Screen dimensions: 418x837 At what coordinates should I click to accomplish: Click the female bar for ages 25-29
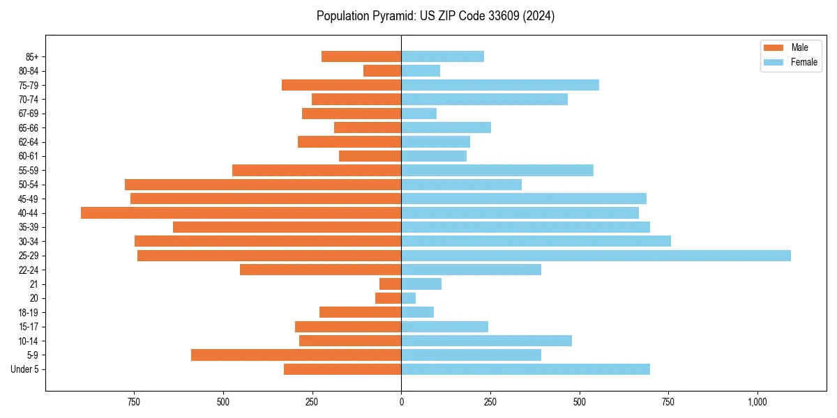pos(596,256)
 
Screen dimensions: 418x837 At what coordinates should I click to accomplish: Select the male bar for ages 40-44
pos(241,213)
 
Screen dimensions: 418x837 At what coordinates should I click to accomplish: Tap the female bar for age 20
pos(409,298)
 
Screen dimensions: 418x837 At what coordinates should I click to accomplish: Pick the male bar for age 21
pos(391,284)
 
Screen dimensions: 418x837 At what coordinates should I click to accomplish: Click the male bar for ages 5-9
pos(296,355)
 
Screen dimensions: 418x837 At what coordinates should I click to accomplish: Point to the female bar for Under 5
pos(525,369)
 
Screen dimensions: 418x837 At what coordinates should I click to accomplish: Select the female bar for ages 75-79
pos(500,85)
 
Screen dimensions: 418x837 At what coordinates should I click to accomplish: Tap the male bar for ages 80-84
pos(382,71)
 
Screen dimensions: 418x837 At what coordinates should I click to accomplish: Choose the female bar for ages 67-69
pos(419,114)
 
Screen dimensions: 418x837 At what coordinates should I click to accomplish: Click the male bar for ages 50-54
pos(263,185)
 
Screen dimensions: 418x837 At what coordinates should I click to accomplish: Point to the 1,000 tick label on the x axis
pos(757,402)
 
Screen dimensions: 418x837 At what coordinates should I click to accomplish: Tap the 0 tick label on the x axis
pos(401,402)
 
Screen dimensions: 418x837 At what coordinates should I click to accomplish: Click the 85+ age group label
pos(31,57)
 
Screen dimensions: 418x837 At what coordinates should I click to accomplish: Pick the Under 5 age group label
pos(25,369)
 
